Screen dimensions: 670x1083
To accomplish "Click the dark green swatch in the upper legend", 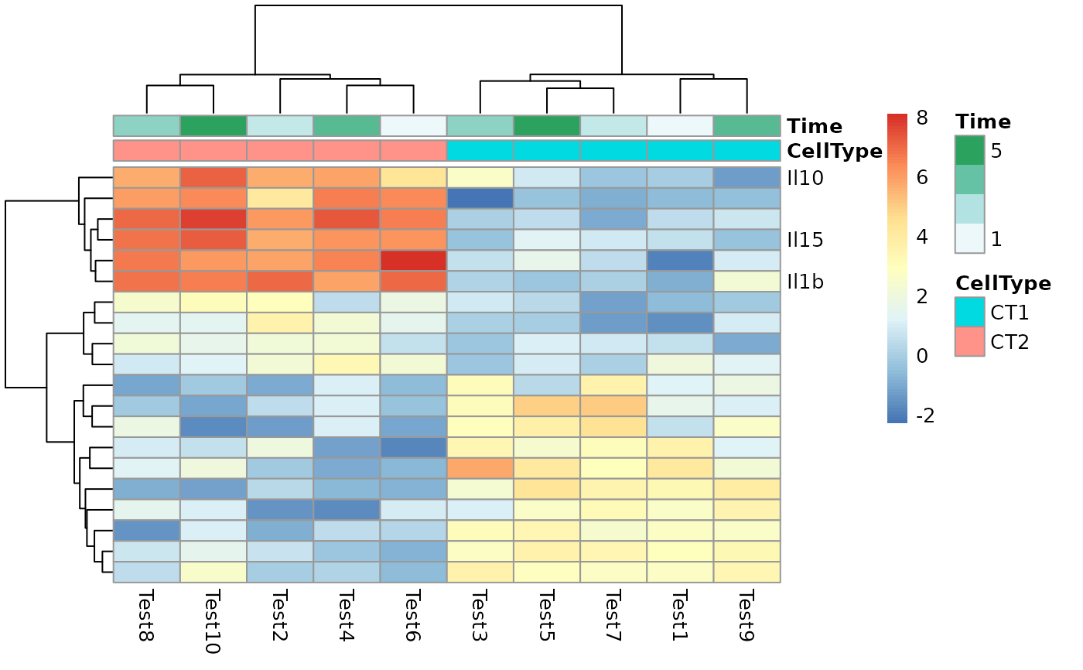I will [x=969, y=150].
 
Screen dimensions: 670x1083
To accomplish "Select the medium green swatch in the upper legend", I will [x=969, y=179].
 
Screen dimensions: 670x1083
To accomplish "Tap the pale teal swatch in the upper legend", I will [x=969, y=209].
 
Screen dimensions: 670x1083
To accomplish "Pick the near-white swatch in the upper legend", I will [x=969, y=238].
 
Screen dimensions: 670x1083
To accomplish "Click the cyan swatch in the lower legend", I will [x=969, y=312].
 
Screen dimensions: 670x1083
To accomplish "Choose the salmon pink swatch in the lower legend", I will [x=969, y=341].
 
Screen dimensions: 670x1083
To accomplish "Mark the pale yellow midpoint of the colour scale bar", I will [x=897, y=268].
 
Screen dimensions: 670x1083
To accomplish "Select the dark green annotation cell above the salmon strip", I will [x=214, y=126].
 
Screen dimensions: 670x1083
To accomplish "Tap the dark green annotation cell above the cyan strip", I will [x=547, y=126].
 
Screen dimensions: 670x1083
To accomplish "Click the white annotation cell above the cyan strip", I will [x=680, y=126].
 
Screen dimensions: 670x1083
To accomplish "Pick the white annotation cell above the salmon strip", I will [x=413, y=126].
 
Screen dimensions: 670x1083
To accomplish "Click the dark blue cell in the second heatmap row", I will [x=480, y=198].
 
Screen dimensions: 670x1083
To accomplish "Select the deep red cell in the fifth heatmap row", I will [x=413, y=261].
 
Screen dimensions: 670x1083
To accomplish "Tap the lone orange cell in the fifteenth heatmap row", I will [x=480, y=469].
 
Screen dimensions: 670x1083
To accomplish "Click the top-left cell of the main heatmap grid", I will [x=146, y=178].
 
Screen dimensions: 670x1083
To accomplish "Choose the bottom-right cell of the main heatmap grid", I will [x=746, y=573].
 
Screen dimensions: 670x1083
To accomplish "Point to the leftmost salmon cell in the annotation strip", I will [x=146, y=150].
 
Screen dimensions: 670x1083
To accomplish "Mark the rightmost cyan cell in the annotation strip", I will [x=746, y=150].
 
